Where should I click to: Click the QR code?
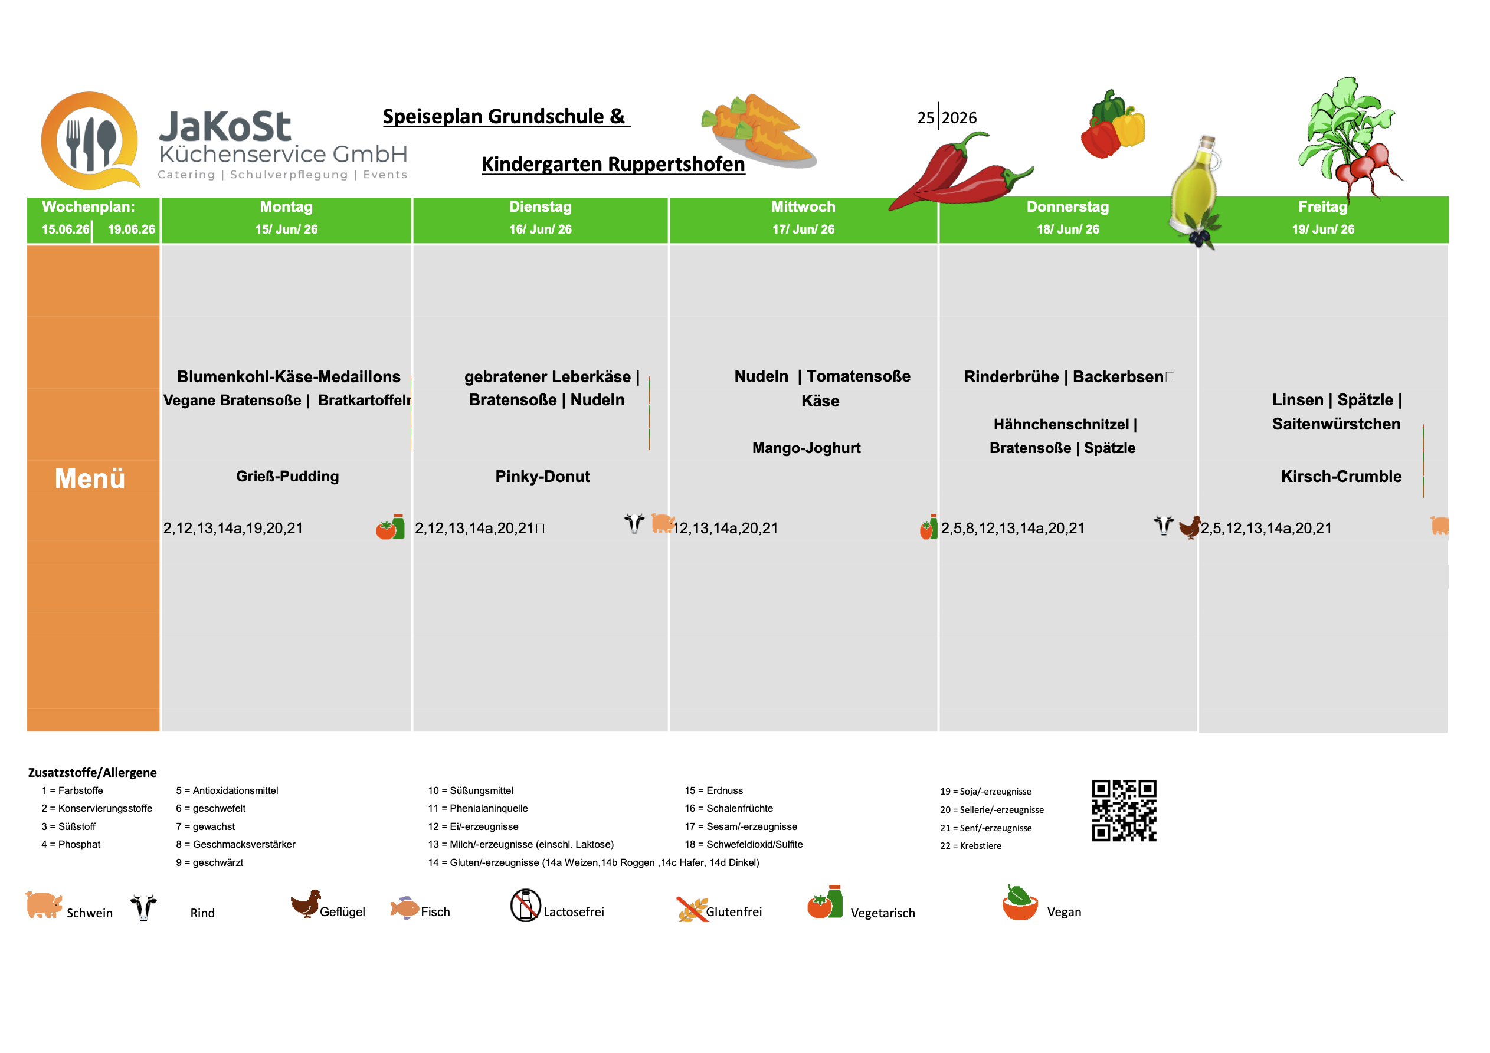pos(1124,811)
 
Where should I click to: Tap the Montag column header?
pos(286,207)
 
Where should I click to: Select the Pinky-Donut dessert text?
pos(542,477)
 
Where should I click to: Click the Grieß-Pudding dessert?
pos(287,476)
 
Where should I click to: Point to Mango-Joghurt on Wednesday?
pos(806,448)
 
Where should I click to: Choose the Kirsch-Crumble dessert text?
pos(1341,477)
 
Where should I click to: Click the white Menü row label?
pos(90,479)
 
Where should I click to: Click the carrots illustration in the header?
pos(759,130)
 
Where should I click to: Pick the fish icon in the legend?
pos(404,908)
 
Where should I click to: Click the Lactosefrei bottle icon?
pos(525,905)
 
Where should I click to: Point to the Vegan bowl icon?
pos(1020,903)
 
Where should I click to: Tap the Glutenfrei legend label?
pos(734,911)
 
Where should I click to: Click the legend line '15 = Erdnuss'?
pos(714,790)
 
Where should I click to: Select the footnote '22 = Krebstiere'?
pos(970,845)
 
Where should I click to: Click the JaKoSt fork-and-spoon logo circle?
pos(90,141)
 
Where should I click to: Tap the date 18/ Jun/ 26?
pos(1067,229)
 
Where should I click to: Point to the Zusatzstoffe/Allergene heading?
pos(92,773)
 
